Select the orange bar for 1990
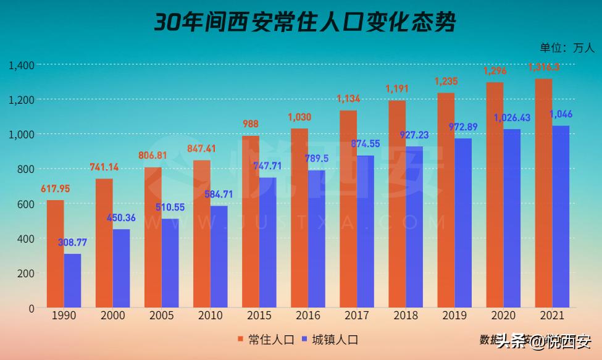click(56, 253)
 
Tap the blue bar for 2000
click(121, 268)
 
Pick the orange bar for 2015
click(250, 221)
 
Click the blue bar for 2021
click(561, 216)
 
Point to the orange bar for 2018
click(397, 204)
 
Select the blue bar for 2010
click(219, 256)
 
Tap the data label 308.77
click(73, 243)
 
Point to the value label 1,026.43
click(512, 117)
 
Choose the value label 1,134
click(348, 99)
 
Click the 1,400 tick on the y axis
click(22, 65)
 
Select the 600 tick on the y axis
click(26, 204)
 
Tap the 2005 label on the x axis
click(162, 316)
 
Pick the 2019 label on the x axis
click(454, 316)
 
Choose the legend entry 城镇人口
click(330, 339)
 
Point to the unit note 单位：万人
click(566, 48)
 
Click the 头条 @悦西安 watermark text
click(543, 341)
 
